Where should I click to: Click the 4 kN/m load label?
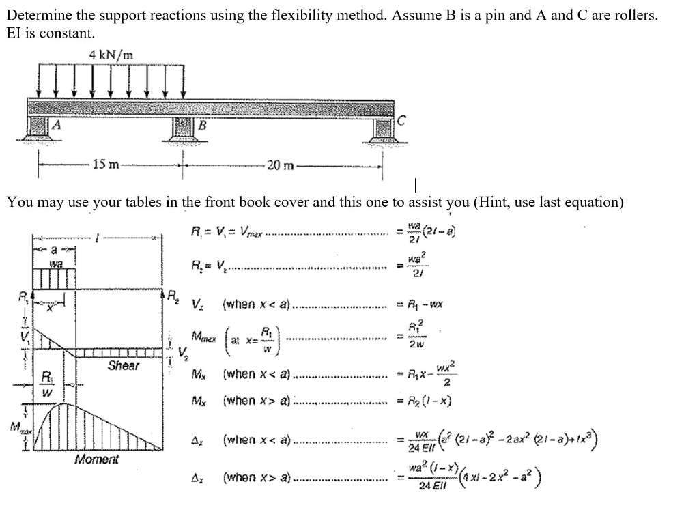111,54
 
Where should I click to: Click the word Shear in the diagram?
123,366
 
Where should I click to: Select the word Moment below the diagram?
96,459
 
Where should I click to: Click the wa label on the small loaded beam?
56,262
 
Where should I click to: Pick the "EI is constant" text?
51,33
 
